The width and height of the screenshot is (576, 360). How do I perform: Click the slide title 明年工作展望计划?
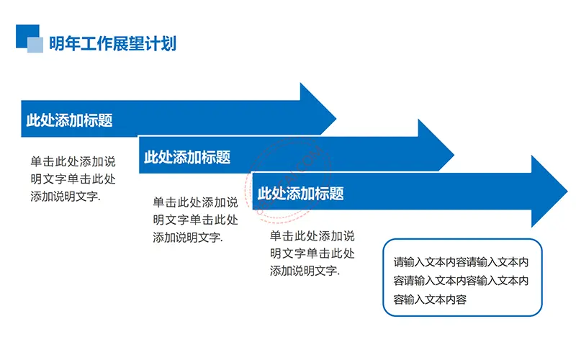pos(113,43)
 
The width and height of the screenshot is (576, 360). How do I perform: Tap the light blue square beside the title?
pos(35,45)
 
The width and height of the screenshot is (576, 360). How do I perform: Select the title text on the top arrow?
pos(69,120)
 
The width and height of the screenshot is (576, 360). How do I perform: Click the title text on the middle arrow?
pos(187,157)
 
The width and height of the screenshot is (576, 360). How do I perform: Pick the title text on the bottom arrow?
pos(300,193)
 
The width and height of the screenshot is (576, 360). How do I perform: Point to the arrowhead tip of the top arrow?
pos(336,119)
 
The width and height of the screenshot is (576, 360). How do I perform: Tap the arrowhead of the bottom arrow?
pos(549,191)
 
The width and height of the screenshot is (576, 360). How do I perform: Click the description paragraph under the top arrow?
pos(73,179)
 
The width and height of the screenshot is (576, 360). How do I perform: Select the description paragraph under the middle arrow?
pos(195,220)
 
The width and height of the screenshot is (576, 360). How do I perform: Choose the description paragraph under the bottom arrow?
pos(312,253)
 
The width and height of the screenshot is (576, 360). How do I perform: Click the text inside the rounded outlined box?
pos(461,281)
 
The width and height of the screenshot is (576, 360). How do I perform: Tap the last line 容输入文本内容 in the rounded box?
pos(430,300)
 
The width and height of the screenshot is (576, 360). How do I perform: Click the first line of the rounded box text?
pos(461,262)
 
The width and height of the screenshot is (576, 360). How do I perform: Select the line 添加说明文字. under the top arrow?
pos(66,197)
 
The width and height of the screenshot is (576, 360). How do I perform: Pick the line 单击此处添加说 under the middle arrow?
pos(195,202)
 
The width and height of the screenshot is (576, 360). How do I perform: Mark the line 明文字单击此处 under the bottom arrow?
pos(312,253)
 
